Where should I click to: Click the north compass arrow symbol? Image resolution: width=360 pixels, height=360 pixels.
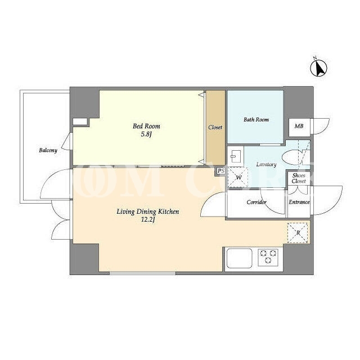coord(318,67)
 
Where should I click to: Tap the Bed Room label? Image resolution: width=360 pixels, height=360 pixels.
coord(146,126)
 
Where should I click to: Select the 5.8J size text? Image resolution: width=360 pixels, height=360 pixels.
coord(146,134)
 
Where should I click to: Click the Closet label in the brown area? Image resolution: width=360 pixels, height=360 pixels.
coord(215,127)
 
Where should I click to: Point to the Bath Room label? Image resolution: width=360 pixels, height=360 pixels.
coord(256,120)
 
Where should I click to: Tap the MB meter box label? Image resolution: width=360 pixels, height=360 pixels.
coord(299,126)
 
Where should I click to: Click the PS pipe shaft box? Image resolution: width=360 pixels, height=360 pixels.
coord(220,171)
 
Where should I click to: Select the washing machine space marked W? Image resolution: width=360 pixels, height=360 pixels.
coord(238,177)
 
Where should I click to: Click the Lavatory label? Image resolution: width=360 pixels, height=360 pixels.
coord(266,164)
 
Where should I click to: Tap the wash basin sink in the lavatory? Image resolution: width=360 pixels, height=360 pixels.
coord(235,156)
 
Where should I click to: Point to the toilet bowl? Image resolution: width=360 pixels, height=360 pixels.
coord(290,158)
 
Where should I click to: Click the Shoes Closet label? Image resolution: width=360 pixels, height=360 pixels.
coord(299,178)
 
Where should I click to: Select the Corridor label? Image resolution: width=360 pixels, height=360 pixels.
coord(256,202)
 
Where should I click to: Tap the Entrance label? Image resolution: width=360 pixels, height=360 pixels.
coord(299,202)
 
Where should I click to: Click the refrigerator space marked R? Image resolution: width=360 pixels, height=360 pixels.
coord(298,232)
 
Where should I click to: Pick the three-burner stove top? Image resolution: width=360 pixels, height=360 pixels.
coord(268,258)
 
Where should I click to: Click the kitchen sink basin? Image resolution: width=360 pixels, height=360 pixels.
coord(239,258)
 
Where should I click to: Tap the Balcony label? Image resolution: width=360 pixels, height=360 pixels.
coord(48,151)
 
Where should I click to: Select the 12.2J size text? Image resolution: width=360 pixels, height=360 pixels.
coord(148,220)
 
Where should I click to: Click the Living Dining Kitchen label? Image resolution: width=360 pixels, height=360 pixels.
coord(148,211)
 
